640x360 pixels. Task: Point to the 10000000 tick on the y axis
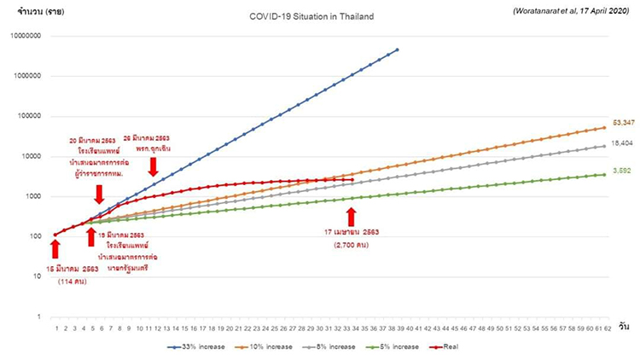click(x=27, y=36)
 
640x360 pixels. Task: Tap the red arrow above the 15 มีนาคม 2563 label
click(x=55, y=248)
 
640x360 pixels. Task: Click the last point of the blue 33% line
click(x=397, y=50)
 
